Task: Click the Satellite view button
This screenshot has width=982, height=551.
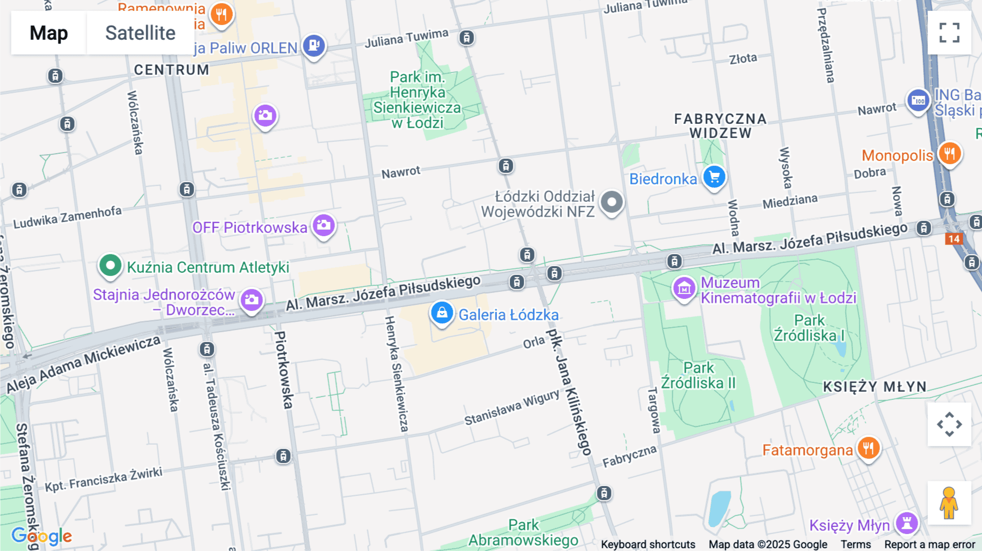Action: click(140, 33)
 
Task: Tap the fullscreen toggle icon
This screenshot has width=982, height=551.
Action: click(949, 33)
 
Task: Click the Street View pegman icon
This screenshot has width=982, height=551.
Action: click(949, 503)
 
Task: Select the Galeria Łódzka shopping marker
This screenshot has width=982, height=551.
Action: click(442, 313)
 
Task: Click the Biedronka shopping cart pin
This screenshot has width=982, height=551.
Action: click(714, 177)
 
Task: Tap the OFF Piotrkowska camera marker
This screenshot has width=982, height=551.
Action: click(324, 225)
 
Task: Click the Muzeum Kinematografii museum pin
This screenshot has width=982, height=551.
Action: click(684, 289)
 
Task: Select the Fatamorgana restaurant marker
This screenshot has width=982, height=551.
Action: click(869, 448)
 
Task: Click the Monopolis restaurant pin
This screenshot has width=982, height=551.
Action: click(950, 154)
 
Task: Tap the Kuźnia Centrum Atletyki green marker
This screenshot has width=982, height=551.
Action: click(110, 266)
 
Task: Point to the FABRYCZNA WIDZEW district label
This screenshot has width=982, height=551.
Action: click(720, 126)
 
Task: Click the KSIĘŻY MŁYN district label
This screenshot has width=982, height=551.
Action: click(875, 387)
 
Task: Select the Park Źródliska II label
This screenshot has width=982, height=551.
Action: click(698, 375)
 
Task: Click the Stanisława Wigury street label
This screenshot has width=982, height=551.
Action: click(512, 407)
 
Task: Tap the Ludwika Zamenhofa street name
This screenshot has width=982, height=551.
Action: click(67, 217)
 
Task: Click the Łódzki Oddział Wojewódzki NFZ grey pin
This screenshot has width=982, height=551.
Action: click(612, 202)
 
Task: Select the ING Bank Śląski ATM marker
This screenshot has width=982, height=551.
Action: click(918, 101)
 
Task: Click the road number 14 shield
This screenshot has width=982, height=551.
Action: click(954, 239)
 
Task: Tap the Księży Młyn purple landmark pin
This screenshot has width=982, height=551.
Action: click(907, 523)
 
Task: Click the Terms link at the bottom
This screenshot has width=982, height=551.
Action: click(855, 544)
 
